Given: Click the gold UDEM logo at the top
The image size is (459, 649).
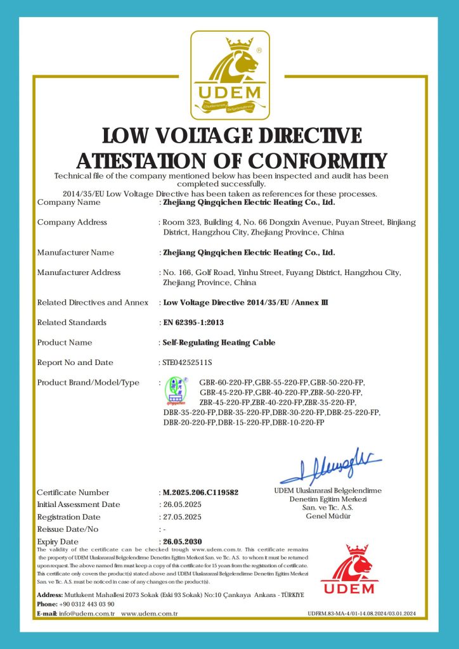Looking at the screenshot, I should coord(230,75).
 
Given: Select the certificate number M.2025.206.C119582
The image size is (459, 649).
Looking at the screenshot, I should coord(200,492).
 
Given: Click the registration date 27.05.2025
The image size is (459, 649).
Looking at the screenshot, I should coord(182,517).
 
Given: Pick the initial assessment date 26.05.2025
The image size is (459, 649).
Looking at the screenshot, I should coord(182,504).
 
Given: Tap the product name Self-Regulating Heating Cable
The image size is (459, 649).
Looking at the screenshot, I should coord(219,342).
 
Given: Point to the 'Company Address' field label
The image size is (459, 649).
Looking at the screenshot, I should coord(72,222).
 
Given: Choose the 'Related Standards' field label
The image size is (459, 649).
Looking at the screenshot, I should coord(72,323).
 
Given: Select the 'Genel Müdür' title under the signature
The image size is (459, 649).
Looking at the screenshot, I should coord(328,517).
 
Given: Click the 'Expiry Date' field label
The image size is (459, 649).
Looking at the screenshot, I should coord(58,542).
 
